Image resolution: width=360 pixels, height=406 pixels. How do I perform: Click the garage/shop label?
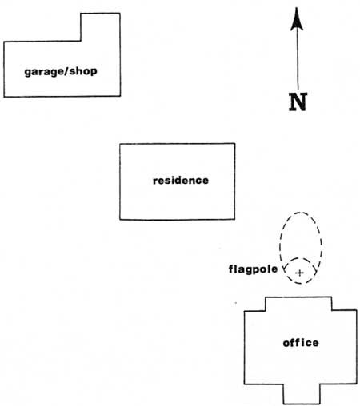click(61, 71)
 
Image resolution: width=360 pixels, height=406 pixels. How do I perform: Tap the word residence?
click(181, 181)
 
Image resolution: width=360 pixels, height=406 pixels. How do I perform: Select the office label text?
click(301, 342)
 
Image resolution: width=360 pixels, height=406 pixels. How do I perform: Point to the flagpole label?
click(253, 269)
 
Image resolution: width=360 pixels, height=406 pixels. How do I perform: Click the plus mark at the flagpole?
click(300, 273)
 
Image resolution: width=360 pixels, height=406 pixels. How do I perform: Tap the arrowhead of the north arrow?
click(297, 19)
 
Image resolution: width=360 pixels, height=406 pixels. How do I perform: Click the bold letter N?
click(298, 101)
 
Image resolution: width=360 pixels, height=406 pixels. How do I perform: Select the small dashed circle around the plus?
click(284, 270)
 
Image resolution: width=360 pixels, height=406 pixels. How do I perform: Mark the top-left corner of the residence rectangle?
click(120, 144)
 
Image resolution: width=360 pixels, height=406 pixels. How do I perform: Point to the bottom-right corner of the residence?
click(234, 219)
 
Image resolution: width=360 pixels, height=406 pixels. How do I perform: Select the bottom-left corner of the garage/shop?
click(4, 97)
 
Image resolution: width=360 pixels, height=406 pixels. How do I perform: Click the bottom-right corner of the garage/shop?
click(120, 96)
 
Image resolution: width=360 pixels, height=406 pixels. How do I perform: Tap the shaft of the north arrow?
click(298, 58)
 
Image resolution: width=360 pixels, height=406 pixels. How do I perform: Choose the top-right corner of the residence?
click(235, 144)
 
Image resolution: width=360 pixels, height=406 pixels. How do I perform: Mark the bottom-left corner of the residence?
click(120, 220)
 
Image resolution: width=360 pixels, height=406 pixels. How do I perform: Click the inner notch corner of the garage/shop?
click(81, 41)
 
